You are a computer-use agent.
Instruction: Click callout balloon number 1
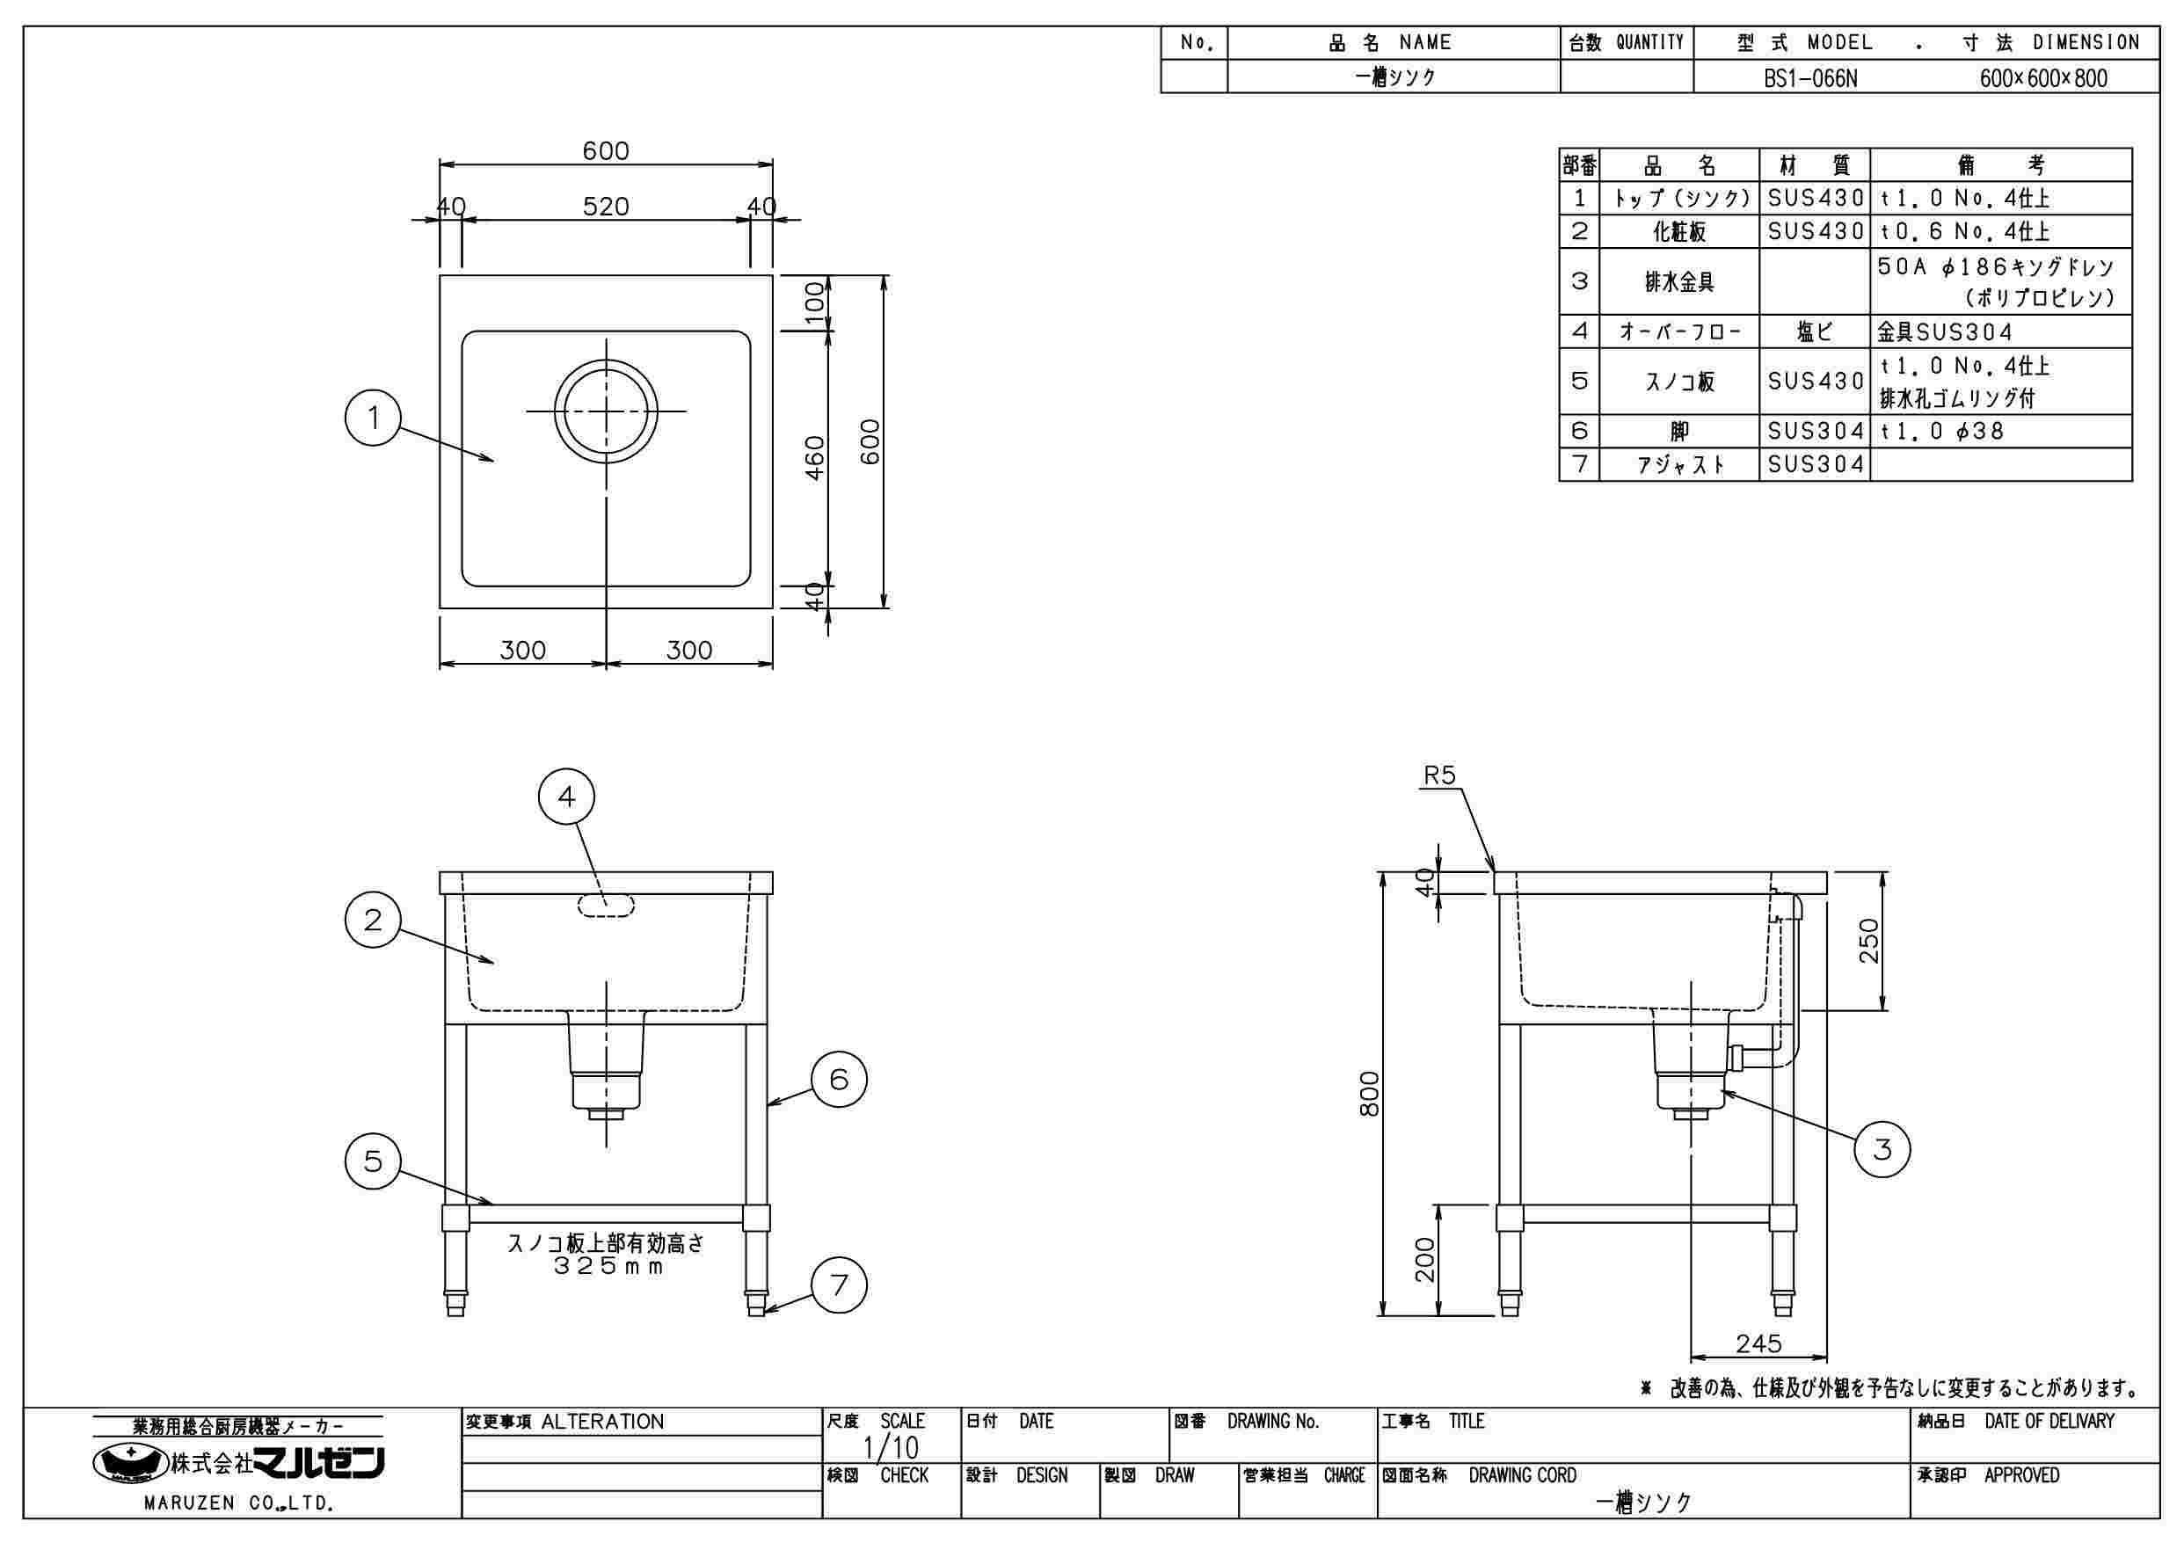pyautogui.click(x=373, y=418)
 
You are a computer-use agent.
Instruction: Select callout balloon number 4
pyautogui.click(x=567, y=797)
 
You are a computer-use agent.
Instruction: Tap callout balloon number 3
pyautogui.click(x=1882, y=1149)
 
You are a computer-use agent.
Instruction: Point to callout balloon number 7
pyautogui.click(x=839, y=1285)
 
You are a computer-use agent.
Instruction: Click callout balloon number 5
pyautogui.click(x=373, y=1161)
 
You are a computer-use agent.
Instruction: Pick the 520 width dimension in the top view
pyautogui.click(x=606, y=207)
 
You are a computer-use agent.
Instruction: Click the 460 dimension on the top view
pyautogui.click(x=815, y=457)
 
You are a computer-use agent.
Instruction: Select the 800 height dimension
pyautogui.click(x=1369, y=1093)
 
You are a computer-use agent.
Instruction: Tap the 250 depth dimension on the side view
pyautogui.click(x=1869, y=940)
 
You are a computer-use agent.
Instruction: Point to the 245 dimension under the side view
pyautogui.click(x=1758, y=1343)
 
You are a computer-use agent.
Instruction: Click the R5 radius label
pyautogui.click(x=1439, y=776)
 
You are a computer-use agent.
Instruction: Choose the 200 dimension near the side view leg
pyautogui.click(x=1424, y=1258)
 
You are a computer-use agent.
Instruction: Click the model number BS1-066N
pyautogui.click(x=1810, y=78)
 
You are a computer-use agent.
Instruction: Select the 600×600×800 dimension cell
pyautogui.click(x=2043, y=78)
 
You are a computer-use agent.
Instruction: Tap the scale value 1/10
pyautogui.click(x=891, y=1448)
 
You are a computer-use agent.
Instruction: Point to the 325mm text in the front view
pyautogui.click(x=606, y=1267)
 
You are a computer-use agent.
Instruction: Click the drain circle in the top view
pyautogui.click(x=606, y=411)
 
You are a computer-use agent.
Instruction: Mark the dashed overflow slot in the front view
pyautogui.click(x=605, y=905)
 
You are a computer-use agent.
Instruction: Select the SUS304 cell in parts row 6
pyautogui.click(x=1815, y=431)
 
